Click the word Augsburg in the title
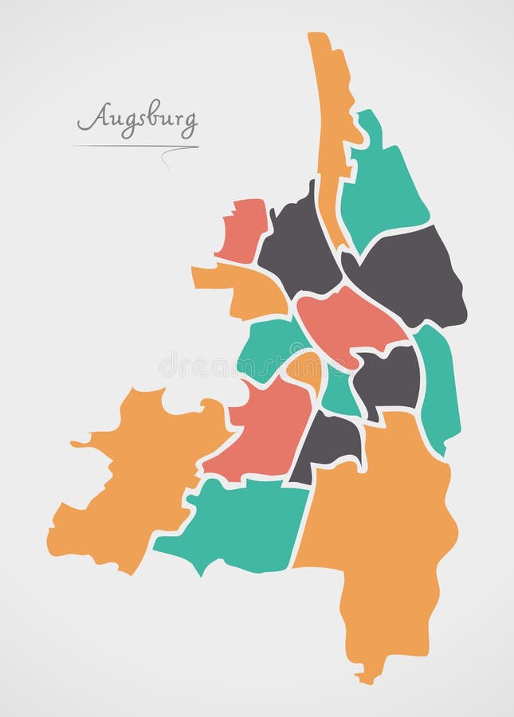tap(137, 119)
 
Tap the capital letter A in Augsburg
tap(90, 119)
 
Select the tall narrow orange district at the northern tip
tap(331, 112)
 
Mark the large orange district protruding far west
tap(135, 478)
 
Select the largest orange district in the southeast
tap(383, 534)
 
